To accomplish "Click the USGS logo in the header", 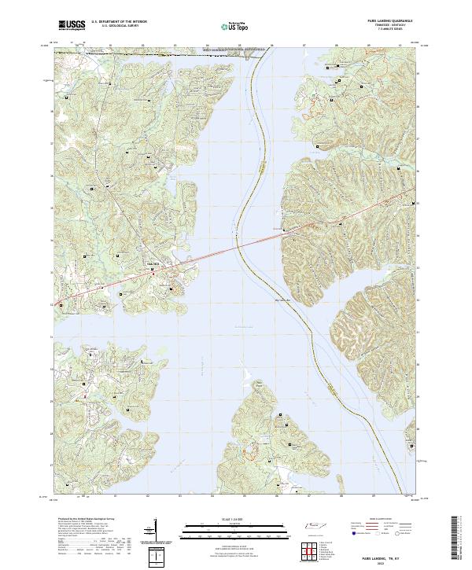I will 72,26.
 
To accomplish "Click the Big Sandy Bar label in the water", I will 282,300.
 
